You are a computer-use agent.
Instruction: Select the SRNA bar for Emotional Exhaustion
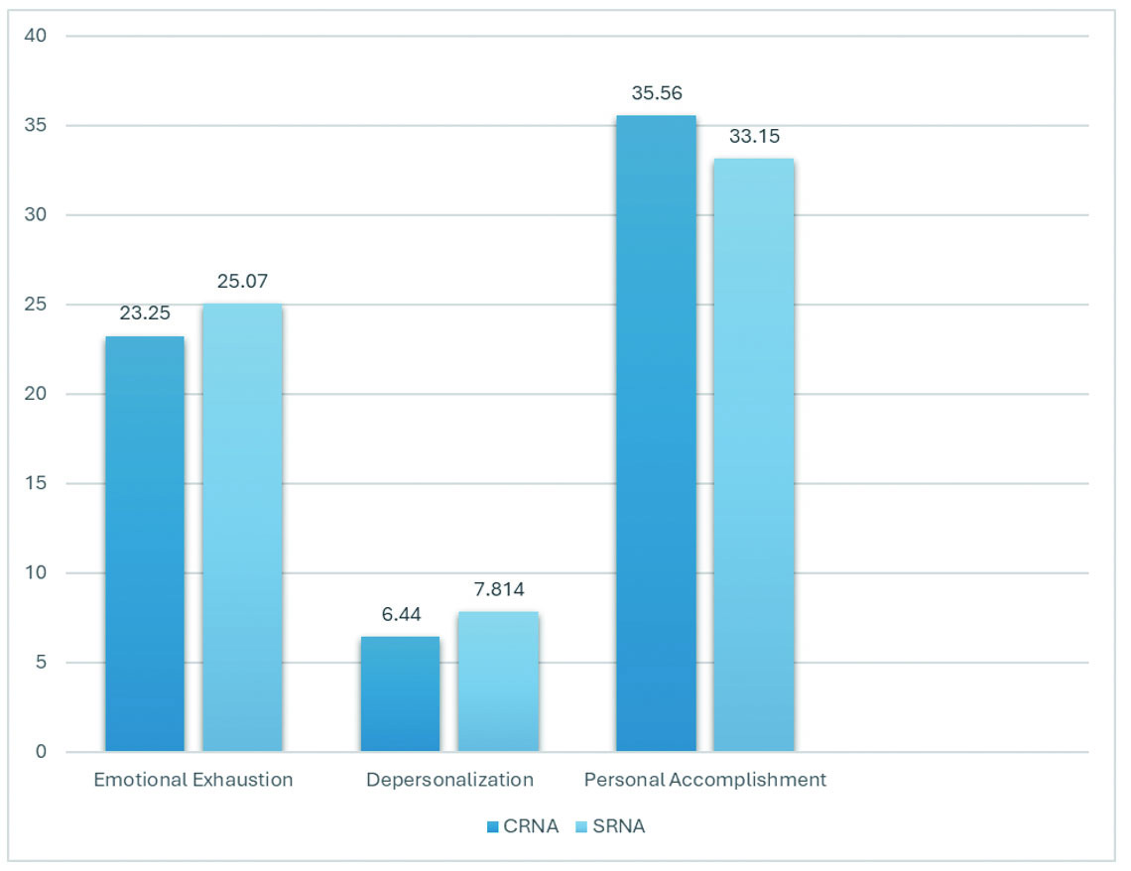(242, 528)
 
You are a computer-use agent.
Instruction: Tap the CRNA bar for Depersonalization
(400, 693)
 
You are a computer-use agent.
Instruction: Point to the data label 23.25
(145, 313)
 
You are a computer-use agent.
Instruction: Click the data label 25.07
(242, 282)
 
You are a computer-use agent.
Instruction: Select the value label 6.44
(401, 615)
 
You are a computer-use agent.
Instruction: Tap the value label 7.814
(498, 589)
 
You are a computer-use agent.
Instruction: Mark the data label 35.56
(656, 94)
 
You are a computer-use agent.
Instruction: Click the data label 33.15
(754, 137)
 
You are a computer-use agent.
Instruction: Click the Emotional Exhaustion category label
(193, 780)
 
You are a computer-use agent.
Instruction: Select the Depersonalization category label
(449, 780)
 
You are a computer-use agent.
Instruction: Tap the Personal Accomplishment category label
(704, 780)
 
